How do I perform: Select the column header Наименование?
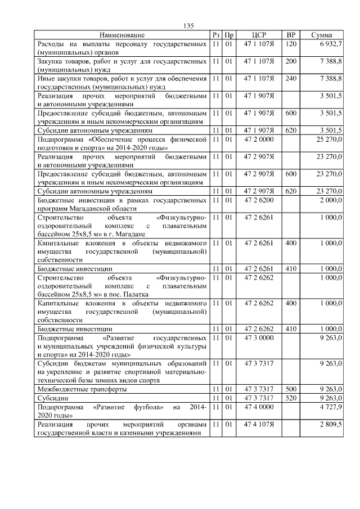coord(122,35)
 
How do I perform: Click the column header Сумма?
coord(325,35)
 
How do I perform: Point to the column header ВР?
coord(291,35)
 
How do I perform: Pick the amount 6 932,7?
coord(331,43)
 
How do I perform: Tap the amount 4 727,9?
coord(331,407)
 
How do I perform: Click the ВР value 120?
coord(291,43)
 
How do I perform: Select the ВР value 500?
coord(291,389)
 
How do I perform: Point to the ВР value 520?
coord(291,398)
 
